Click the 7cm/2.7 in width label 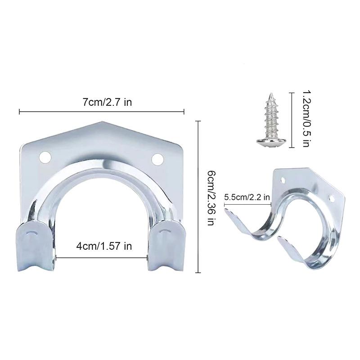(107, 102)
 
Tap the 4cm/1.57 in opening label (103, 246)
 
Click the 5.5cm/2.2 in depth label (247, 197)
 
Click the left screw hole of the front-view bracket (44, 157)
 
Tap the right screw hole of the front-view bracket (157, 158)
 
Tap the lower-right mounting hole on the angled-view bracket (331, 198)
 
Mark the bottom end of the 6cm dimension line (199, 273)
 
